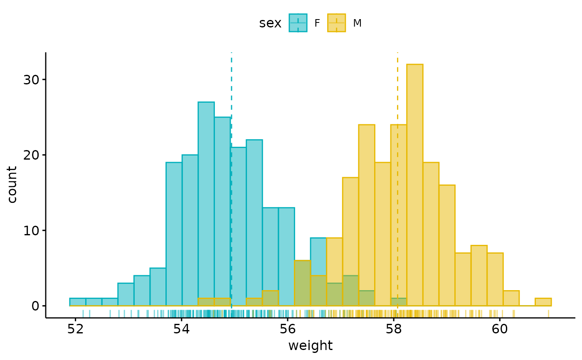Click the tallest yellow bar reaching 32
(415, 185)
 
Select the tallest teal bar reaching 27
(206, 204)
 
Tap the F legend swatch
(298, 23)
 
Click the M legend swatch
(336, 23)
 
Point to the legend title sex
(270, 23)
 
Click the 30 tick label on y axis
(31, 80)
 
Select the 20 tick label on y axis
(31, 155)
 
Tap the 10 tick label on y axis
(31, 230)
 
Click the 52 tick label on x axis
(75, 328)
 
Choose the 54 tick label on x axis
(182, 328)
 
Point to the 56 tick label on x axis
(288, 328)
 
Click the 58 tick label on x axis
(394, 328)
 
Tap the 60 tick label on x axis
(500, 328)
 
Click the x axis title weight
(310, 346)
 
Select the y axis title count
(12, 185)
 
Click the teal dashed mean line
(232, 83)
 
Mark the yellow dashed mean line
(397, 83)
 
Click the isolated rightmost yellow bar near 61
(543, 302)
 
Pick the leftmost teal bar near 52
(78, 302)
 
